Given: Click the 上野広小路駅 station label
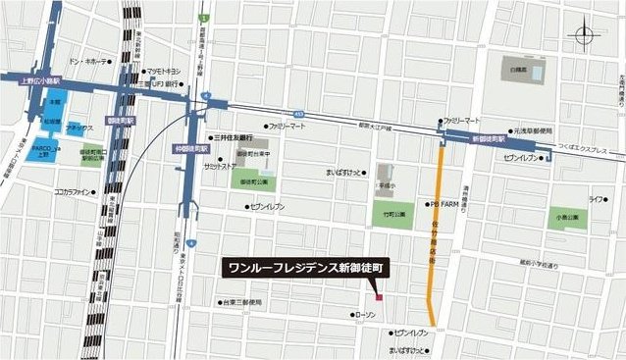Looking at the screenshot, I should (x=39, y=81).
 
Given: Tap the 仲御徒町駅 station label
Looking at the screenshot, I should (x=189, y=148).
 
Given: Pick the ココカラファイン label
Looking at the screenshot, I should (x=73, y=192).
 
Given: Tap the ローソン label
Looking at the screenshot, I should (x=366, y=315).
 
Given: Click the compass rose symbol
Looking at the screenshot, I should (x=587, y=37).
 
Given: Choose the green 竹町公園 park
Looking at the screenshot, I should (x=392, y=215).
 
